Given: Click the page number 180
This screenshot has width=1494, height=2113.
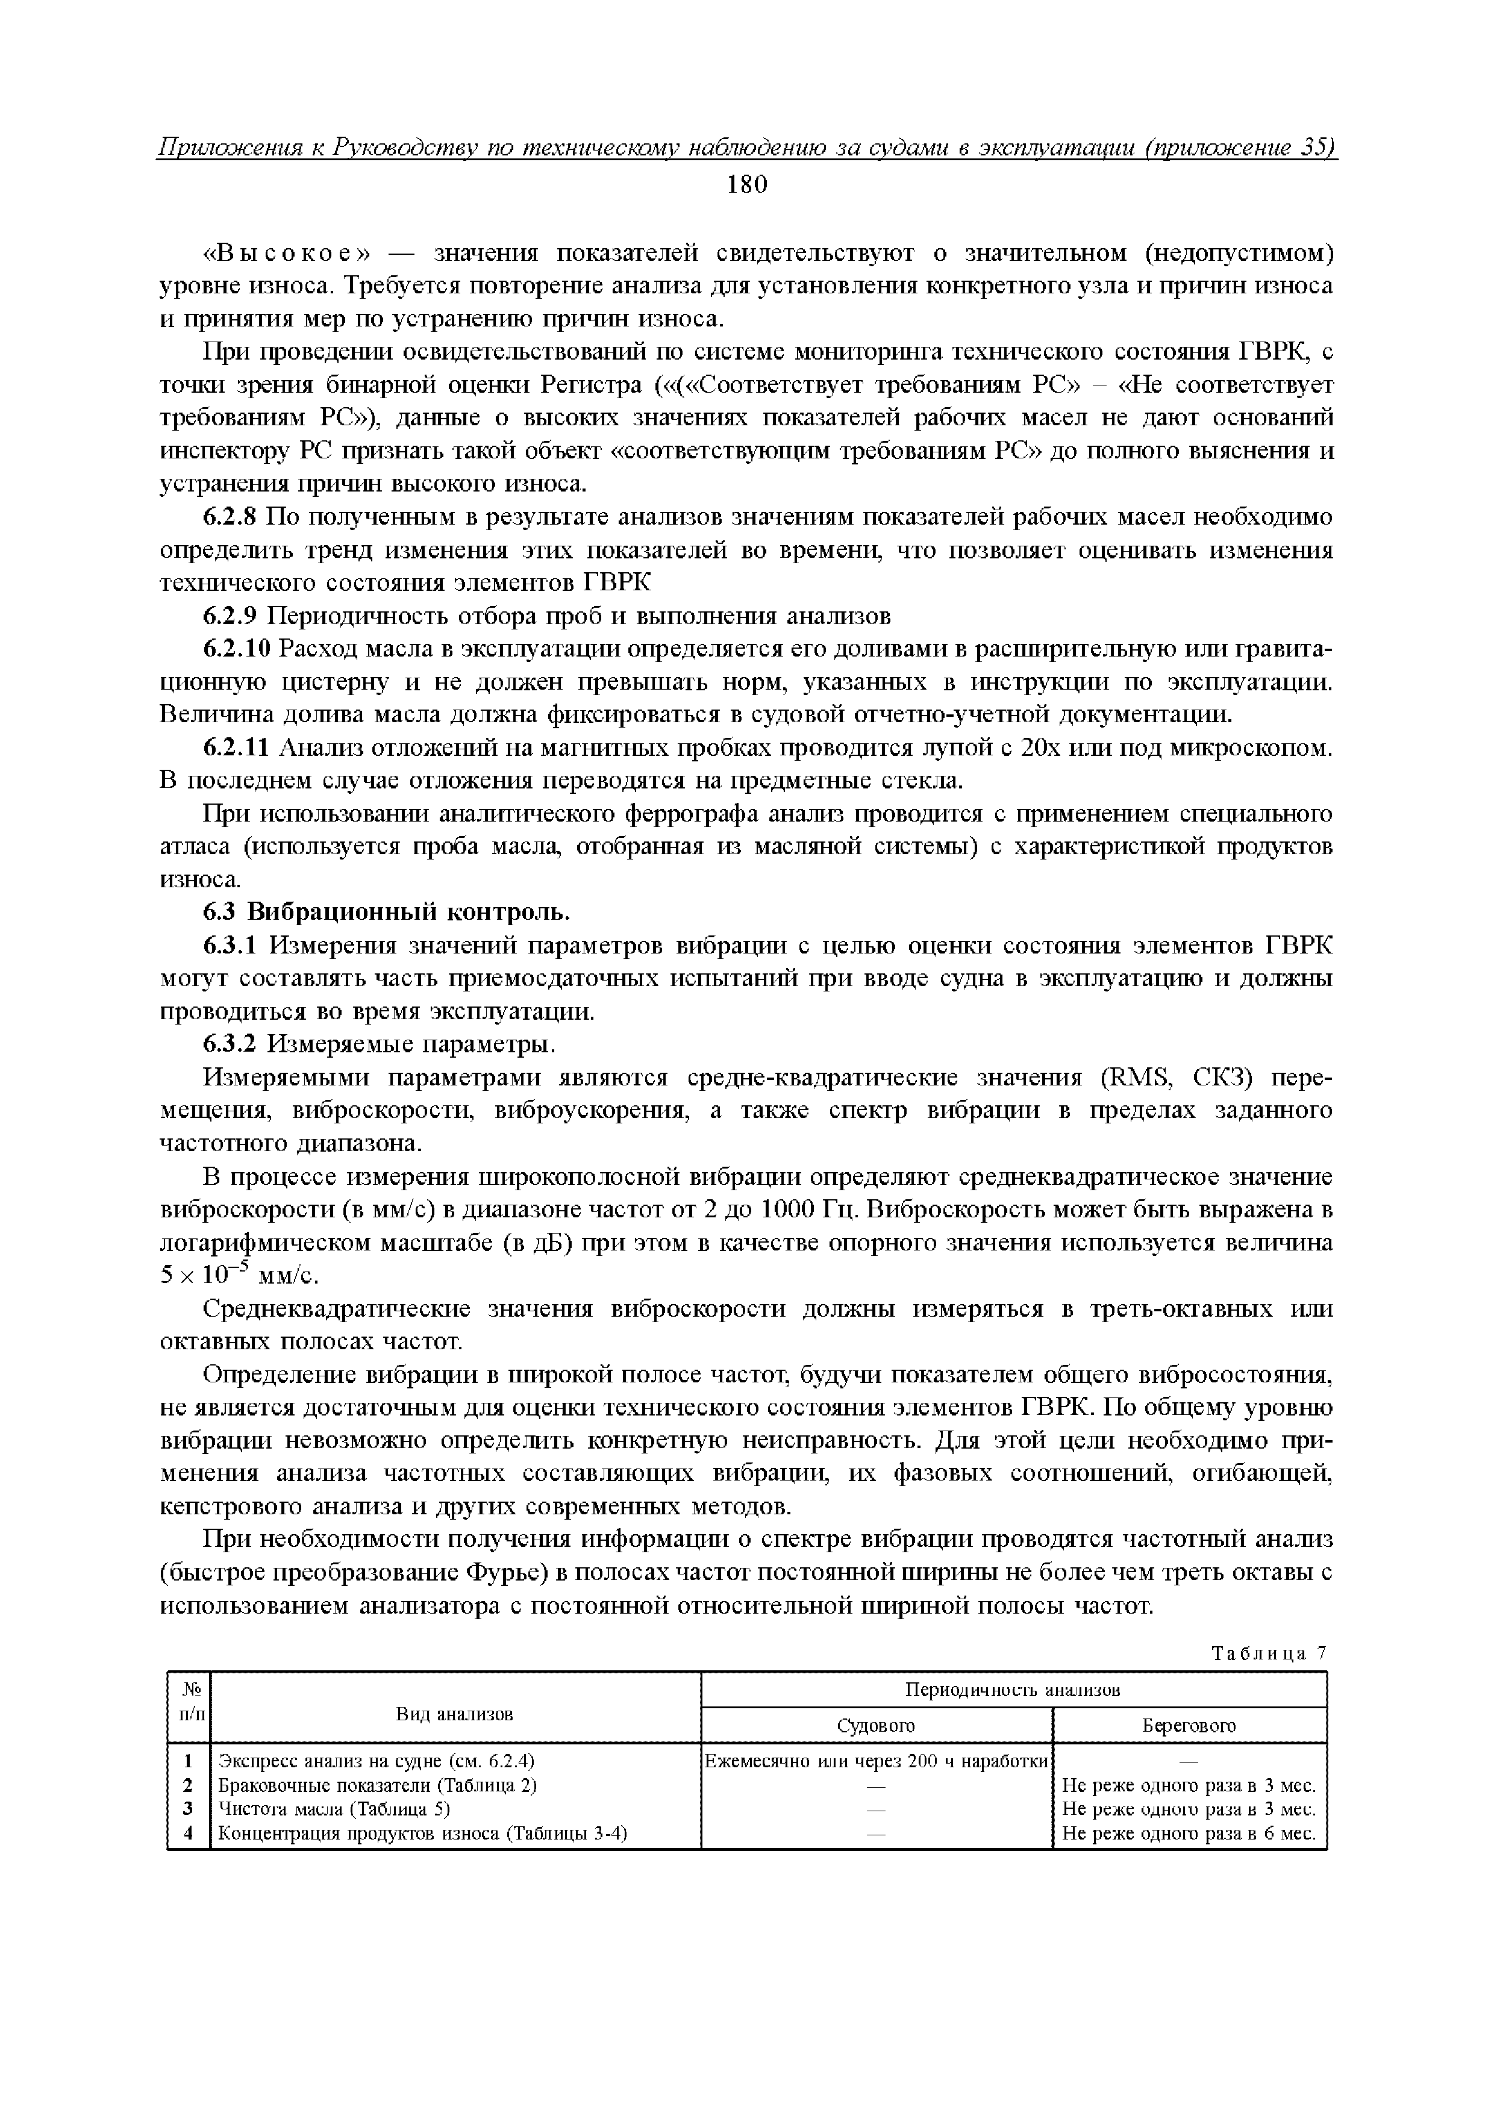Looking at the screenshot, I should (746, 185).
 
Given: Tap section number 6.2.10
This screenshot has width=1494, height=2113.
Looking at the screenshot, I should (237, 650).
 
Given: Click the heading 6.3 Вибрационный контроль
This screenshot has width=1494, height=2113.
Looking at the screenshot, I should (387, 912).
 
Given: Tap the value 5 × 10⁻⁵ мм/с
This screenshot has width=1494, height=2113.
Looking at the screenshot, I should (239, 1276).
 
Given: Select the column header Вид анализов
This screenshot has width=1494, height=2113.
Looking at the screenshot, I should (455, 1714).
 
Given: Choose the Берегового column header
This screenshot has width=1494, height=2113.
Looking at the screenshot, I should (1189, 1726).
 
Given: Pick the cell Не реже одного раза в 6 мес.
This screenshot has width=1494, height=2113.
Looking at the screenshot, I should (1189, 1834).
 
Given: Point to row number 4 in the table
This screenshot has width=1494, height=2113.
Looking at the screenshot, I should (189, 1834).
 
